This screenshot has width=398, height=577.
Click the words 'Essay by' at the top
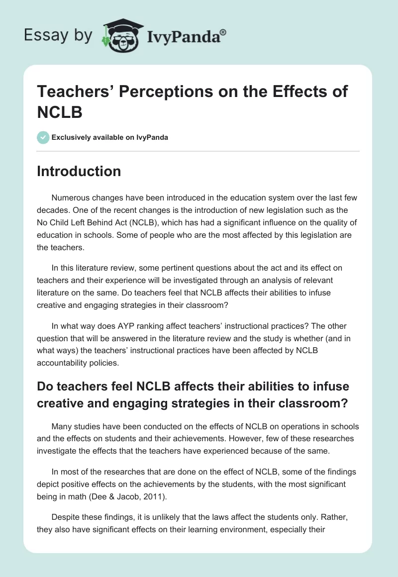(58, 35)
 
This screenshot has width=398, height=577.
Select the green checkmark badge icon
(43, 137)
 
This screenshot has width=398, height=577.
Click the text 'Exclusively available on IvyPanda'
(110, 137)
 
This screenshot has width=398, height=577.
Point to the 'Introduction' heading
(79, 172)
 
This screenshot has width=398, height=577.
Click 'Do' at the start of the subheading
(45, 386)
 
